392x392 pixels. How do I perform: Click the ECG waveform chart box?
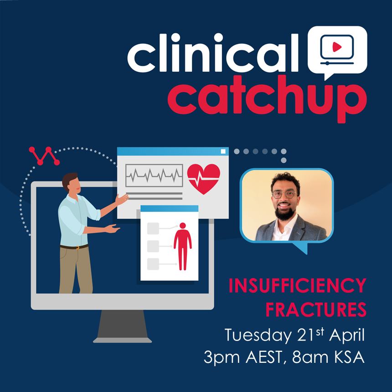pyautogui.click(x=154, y=175)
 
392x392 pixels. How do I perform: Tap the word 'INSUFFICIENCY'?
pyautogui.click(x=297, y=286)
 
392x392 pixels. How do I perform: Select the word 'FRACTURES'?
pyautogui.click(x=316, y=310)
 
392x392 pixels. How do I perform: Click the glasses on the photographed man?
pyautogui.click(x=284, y=194)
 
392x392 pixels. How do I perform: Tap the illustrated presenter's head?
pyautogui.click(x=71, y=182)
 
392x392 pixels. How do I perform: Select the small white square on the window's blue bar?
pyautogui.click(x=223, y=151)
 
